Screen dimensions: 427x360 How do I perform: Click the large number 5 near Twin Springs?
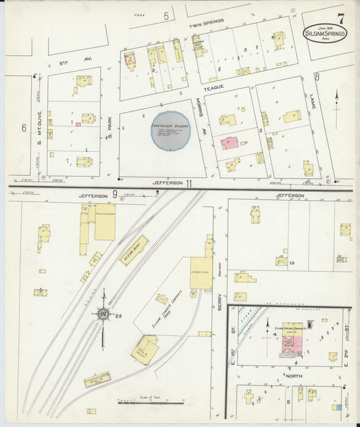click(166, 15)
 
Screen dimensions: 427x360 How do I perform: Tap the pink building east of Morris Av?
click(230, 143)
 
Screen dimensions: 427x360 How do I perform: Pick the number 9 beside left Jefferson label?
click(115, 195)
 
